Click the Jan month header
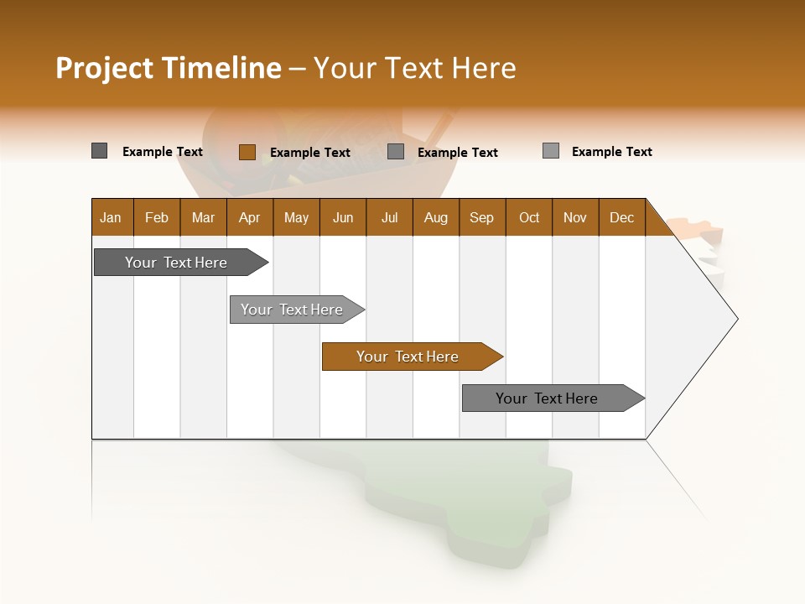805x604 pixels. pos(112,217)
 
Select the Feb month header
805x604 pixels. pos(157,217)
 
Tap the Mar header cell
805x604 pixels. pos(203,217)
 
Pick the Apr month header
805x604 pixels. pos(250,217)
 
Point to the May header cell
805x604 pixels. pos(296,217)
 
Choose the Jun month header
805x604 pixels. pos(343,217)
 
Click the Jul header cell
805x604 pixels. pos(389,217)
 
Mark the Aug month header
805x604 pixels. pos(436,217)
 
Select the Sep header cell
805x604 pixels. pos(482,217)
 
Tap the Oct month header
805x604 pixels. pos(529,217)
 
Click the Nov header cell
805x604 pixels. pos(575,217)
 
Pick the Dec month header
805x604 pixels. pos(622,217)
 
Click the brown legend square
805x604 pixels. pos(247,152)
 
